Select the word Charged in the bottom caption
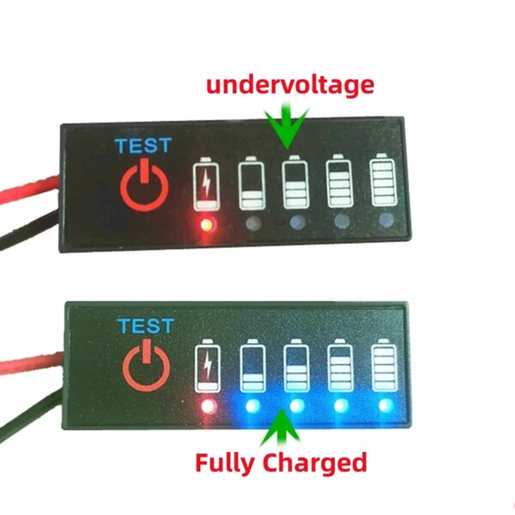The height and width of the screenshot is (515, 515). [x=314, y=463]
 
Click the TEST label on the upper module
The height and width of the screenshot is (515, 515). [x=143, y=145]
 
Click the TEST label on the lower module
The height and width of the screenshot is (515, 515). [x=144, y=327]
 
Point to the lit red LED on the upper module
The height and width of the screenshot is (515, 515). [x=205, y=225]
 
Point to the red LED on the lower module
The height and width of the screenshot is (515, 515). [x=206, y=405]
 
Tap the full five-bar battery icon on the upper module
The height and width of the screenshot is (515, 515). [x=383, y=179]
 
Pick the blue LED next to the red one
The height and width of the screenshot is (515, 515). [x=251, y=405]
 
